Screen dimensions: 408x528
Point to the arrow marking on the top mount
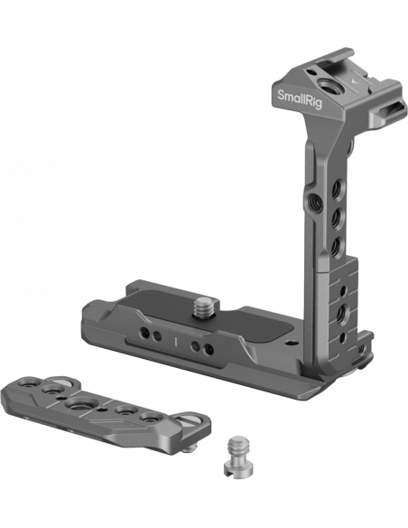tap(353, 80)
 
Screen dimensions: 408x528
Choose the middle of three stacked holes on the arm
tap(336, 219)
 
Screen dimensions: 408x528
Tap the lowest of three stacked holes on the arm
tap(336, 246)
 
